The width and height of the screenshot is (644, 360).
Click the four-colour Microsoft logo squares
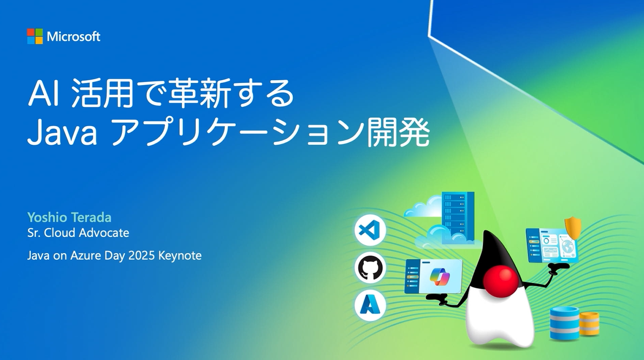click(x=35, y=36)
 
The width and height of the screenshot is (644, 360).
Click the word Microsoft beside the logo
click(x=74, y=36)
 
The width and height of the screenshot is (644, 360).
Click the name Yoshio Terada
click(x=69, y=217)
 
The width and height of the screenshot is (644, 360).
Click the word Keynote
click(x=180, y=255)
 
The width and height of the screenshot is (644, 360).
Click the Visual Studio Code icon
click(x=370, y=230)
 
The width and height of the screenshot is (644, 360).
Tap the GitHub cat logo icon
click(x=370, y=267)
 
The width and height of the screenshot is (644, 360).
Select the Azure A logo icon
click(x=370, y=305)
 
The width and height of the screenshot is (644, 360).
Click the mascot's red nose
click(x=501, y=280)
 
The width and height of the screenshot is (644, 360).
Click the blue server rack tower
click(x=458, y=216)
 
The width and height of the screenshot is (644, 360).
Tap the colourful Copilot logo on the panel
click(x=440, y=276)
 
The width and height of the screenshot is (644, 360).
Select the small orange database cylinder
click(x=589, y=324)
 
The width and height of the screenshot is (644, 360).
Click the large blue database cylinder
click(x=565, y=323)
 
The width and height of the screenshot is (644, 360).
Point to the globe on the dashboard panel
click(x=568, y=247)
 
